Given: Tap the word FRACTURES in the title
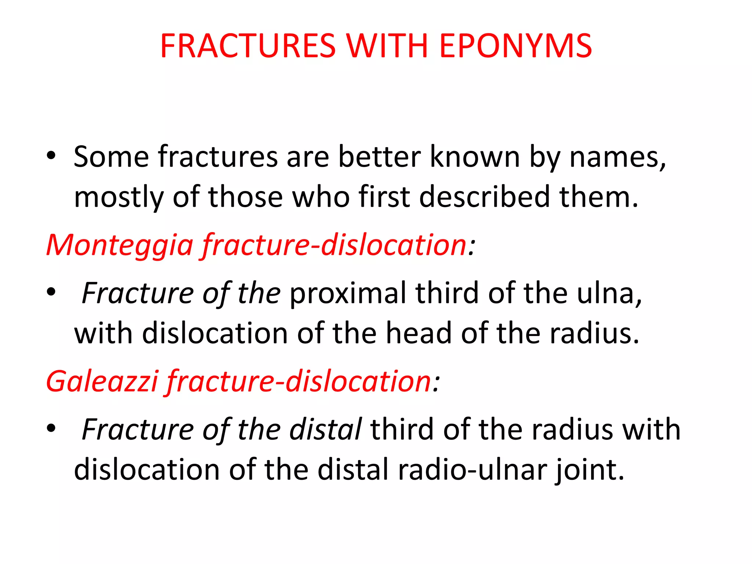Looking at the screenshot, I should [x=248, y=46].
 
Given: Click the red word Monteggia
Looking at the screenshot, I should [x=120, y=245].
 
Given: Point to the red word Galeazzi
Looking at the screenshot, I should [x=102, y=381].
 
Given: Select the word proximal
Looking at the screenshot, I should [x=348, y=293].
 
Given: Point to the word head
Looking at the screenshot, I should [x=418, y=333].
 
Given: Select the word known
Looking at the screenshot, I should [x=474, y=157].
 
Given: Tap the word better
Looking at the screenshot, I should [x=379, y=157].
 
